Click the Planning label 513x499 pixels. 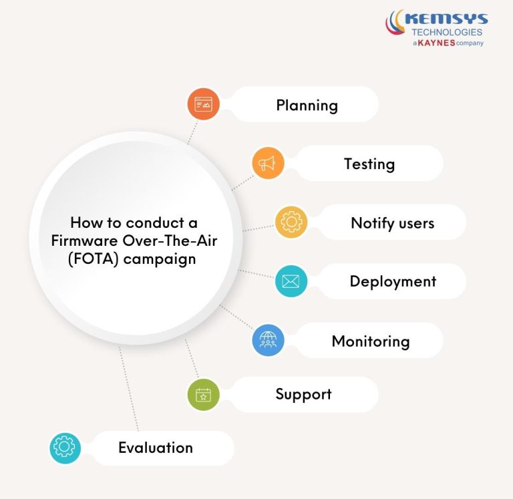pos(307,106)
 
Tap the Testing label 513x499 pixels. pos(369,164)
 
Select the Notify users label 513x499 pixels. pos(392,222)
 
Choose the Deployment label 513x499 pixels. pos(393,281)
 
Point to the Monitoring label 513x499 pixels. pos(370,341)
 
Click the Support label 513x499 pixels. pos(303,394)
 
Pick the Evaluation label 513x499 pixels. pos(155,448)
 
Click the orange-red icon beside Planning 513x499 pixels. pos(203,104)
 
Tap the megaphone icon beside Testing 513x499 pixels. pos(268,164)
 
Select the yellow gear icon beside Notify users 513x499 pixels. pos(292,222)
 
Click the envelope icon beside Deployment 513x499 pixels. pos(291,281)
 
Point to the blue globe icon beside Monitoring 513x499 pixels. pos(268,341)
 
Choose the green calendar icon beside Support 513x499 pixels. pos(203,395)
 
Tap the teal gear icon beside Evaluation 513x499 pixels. pos(65,448)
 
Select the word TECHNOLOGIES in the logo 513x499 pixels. pos(447,32)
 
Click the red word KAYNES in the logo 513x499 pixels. pos(436,43)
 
